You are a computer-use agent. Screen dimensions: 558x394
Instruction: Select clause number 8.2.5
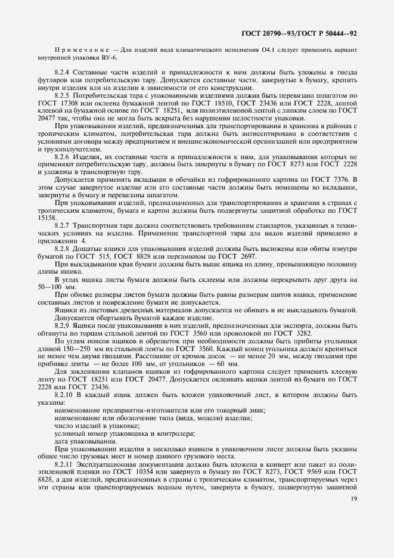tap(63, 95)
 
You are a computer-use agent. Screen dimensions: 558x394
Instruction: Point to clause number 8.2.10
tap(64, 395)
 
